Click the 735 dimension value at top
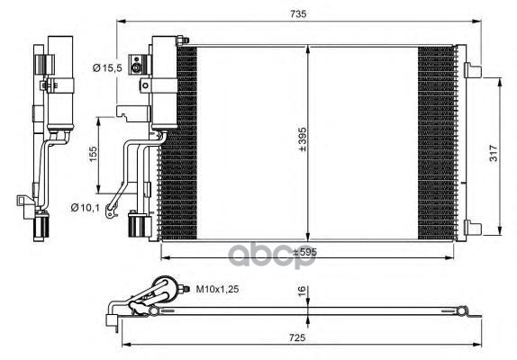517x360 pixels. point(298,13)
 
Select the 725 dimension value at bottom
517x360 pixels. point(297,337)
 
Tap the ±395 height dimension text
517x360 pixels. point(302,139)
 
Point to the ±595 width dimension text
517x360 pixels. point(304,252)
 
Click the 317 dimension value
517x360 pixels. point(494,153)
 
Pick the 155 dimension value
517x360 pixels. point(94,154)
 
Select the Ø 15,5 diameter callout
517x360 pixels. point(107,67)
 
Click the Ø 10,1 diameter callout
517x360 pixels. point(85,208)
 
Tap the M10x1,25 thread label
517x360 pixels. point(217,289)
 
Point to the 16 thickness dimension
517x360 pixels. point(302,292)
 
